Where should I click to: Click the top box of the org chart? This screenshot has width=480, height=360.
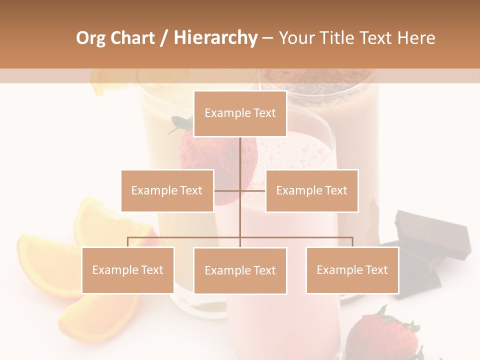(x=240, y=113)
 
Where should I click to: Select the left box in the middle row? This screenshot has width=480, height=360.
(x=167, y=190)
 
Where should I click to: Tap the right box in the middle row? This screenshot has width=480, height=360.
(x=311, y=190)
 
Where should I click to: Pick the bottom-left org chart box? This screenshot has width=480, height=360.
(x=127, y=270)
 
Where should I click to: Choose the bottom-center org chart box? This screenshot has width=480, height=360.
(x=240, y=270)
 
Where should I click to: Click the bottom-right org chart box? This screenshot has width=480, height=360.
(x=352, y=270)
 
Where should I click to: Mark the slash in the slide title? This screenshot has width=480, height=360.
(x=163, y=38)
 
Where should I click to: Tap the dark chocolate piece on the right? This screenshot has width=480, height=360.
(x=432, y=235)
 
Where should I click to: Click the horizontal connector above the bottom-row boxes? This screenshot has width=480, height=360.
(x=300, y=238)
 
